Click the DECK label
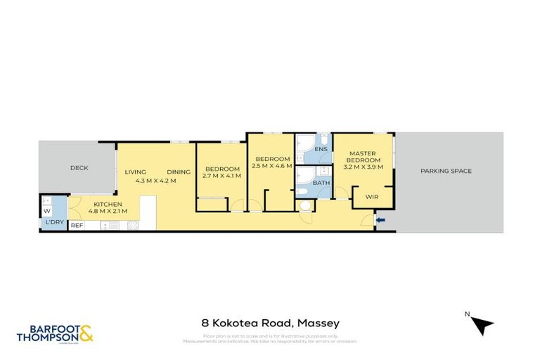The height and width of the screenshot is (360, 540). point(77,168)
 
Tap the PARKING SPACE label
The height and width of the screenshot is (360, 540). point(446,171)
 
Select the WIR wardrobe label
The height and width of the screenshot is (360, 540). point(373,198)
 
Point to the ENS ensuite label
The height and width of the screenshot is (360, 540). point(321,150)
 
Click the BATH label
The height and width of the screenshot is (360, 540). point(321,183)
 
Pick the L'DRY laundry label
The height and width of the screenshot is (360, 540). point(53,223)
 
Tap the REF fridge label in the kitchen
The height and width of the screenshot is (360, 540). point(77,225)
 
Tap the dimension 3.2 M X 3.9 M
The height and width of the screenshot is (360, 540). point(363,167)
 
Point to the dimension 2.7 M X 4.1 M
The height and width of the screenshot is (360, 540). point(222,176)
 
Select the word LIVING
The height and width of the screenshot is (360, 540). point(135,172)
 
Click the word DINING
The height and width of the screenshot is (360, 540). point(179,172)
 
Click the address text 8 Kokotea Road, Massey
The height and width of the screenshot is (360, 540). point(270,323)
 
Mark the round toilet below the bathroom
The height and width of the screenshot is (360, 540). point(305,206)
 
